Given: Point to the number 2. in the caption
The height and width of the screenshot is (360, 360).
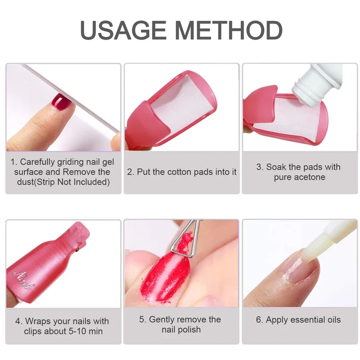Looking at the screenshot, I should (131, 172).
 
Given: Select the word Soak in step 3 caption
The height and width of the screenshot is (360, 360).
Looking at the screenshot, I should (276, 167).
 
